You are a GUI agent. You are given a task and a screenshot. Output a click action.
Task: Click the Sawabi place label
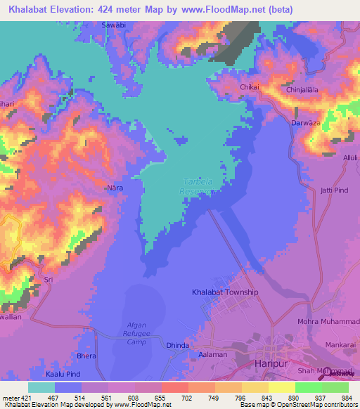(x=114, y=24)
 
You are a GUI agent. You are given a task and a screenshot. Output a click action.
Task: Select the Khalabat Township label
(x=225, y=292)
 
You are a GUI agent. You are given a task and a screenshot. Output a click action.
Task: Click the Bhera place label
(x=86, y=356)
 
